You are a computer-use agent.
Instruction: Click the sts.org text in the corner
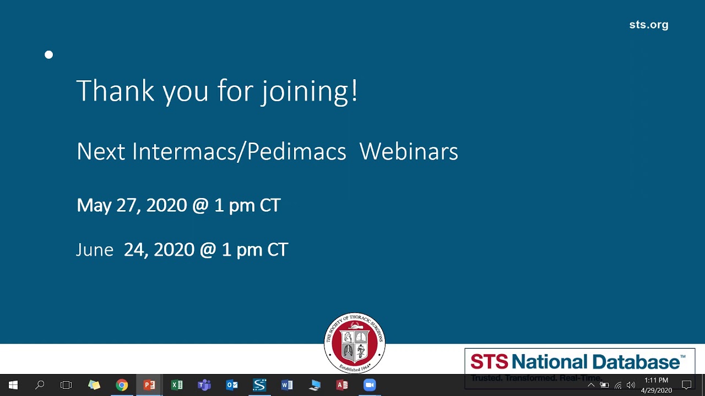[x=648, y=25]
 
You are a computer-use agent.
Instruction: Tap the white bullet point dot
[x=49, y=54]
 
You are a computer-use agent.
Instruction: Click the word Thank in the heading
[x=115, y=91]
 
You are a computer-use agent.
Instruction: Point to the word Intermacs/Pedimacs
[x=239, y=151]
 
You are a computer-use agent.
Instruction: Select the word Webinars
[x=408, y=151]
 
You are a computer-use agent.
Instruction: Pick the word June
[x=95, y=250]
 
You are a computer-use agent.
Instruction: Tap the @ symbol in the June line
[x=208, y=250]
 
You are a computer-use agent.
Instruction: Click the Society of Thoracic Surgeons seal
[x=354, y=343]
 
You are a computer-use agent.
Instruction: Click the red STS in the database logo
[x=489, y=362]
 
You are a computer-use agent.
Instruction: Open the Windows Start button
[x=13, y=385]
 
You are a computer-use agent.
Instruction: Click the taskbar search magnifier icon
[x=40, y=385]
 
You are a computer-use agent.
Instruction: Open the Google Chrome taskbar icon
[x=122, y=385]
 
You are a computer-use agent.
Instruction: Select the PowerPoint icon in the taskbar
[x=149, y=385]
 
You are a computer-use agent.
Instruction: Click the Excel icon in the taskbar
[x=177, y=385]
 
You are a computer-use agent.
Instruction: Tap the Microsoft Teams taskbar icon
[x=204, y=385]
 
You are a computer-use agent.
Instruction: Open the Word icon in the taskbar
[x=287, y=385]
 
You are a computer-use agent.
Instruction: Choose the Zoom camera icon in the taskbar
[x=370, y=385]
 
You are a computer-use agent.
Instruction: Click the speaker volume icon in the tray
[x=631, y=385]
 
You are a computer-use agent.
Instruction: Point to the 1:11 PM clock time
[x=656, y=380]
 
